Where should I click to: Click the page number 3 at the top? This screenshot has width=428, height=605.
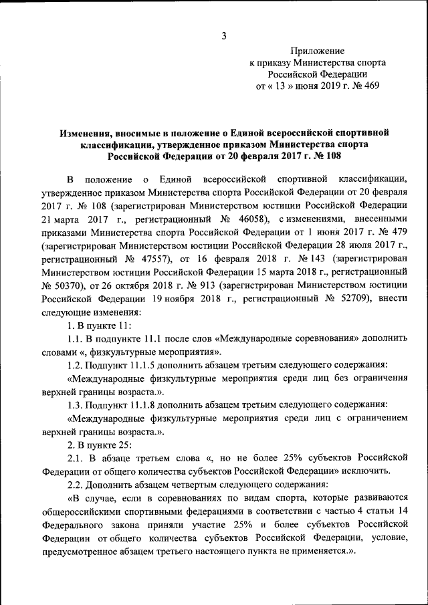[225, 35]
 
